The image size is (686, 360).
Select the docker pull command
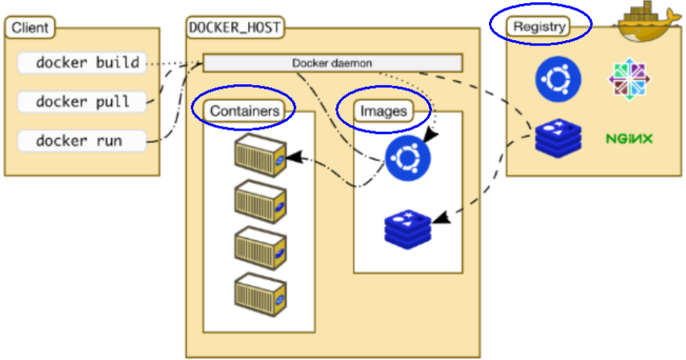pyautogui.click(x=82, y=101)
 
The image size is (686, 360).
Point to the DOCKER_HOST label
pyautogui.click(x=235, y=28)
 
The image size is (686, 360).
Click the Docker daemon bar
pyautogui.click(x=332, y=63)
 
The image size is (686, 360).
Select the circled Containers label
pyautogui.click(x=244, y=111)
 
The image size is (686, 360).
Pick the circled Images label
pyautogui.click(x=383, y=111)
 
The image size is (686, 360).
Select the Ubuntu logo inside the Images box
pyautogui.click(x=407, y=158)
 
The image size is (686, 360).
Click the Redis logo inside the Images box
pyautogui.click(x=407, y=226)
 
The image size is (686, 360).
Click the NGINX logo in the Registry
pyautogui.click(x=629, y=139)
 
